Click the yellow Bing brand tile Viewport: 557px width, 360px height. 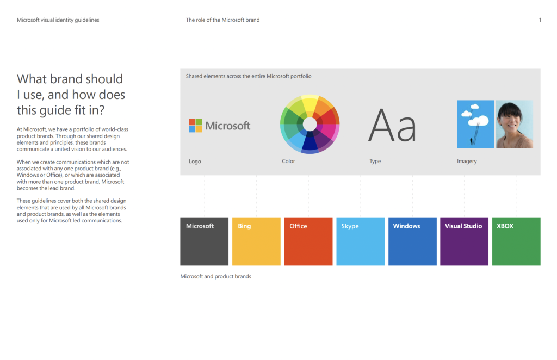[256, 241]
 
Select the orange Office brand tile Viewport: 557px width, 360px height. [308, 241]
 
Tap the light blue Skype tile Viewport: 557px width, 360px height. [360, 241]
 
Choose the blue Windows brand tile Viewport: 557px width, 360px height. [412, 241]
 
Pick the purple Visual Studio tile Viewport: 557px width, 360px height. [465, 241]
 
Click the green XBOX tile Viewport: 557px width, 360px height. [516, 241]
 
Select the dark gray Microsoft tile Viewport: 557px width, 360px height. [205, 241]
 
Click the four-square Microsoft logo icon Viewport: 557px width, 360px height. [195, 125]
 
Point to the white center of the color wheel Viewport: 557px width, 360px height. [310, 125]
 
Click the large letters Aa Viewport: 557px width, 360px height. [392, 125]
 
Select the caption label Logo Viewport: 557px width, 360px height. [195, 161]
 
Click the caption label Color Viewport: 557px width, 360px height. [288, 161]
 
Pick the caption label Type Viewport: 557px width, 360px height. [375, 161]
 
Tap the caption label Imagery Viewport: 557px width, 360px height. [467, 161]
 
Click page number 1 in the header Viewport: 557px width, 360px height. [540, 20]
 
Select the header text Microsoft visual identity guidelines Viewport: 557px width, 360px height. [58, 20]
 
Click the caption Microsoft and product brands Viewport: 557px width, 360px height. [215, 276]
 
